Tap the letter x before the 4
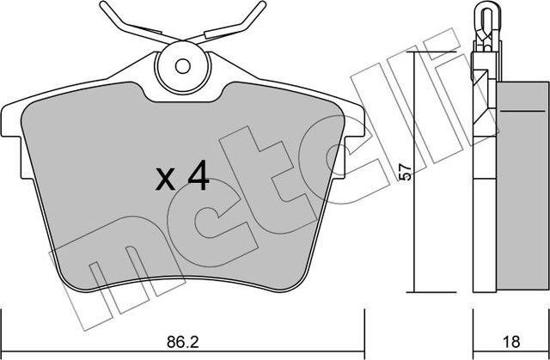(x=165, y=180)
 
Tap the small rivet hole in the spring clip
(x=182, y=64)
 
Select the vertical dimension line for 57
(x=415, y=172)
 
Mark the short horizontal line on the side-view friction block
(x=515, y=111)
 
